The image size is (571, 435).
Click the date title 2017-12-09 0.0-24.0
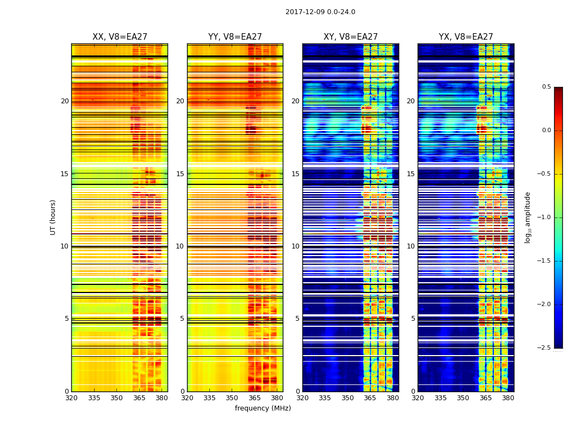320,12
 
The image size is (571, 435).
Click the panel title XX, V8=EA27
120,37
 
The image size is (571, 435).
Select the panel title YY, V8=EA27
235,37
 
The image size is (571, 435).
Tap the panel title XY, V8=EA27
351,37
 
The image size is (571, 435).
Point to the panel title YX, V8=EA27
466,37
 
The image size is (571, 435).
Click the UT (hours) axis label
53,217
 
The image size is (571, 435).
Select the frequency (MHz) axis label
263,408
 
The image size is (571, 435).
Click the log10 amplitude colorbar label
527,217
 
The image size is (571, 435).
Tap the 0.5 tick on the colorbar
547,87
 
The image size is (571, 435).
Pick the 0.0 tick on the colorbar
547,130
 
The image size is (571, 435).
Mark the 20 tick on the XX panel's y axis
65,101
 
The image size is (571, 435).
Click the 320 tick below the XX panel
71,398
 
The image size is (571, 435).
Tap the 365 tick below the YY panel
255,398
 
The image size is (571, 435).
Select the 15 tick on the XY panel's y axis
295,174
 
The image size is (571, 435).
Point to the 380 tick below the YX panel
508,398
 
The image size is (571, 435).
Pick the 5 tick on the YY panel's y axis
182,319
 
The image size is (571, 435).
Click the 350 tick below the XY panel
347,398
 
